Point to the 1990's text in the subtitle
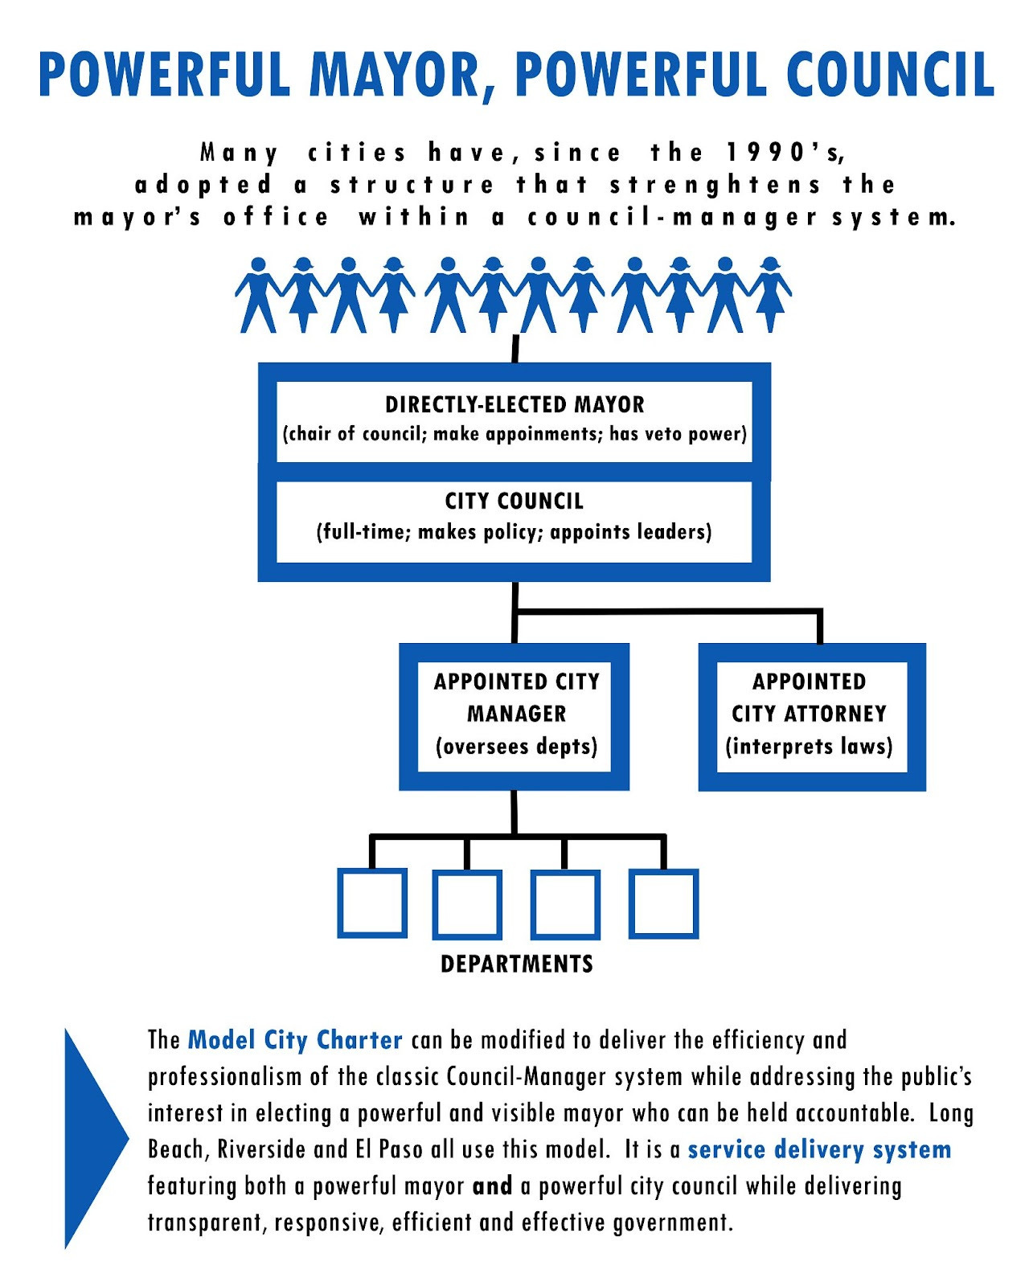pyautogui.click(x=785, y=152)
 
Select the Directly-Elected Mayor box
pyautogui.click(x=514, y=419)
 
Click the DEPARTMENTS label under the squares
pyautogui.click(x=517, y=964)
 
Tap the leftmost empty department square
pyautogui.click(x=372, y=903)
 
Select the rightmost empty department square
pyautogui.click(x=663, y=903)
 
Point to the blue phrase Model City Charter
pyautogui.click(x=295, y=1040)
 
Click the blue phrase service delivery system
pyautogui.click(x=819, y=1149)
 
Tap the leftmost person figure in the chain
pyautogui.click(x=258, y=295)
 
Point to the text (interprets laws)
pyautogui.click(x=809, y=747)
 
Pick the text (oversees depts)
pyautogui.click(x=517, y=747)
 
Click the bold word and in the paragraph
pyautogui.click(x=493, y=1186)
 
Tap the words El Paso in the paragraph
pyautogui.click(x=389, y=1149)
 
